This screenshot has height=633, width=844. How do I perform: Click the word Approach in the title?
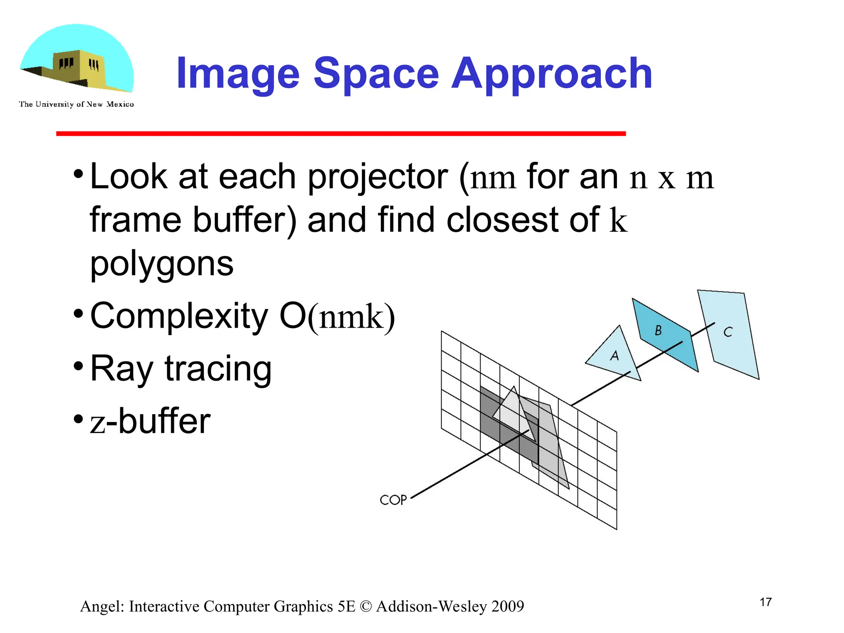tap(552, 74)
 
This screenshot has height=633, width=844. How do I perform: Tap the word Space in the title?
tap(376, 74)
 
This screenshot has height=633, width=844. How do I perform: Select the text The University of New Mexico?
tap(76, 104)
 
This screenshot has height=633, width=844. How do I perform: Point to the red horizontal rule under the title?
tap(341, 134)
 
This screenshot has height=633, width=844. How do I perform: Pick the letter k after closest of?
tap(618, 220)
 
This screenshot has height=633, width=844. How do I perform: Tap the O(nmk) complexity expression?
tap(337, 316)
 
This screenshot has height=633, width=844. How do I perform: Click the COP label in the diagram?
tap(393, 500)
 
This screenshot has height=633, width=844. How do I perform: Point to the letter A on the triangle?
tap(614, 355)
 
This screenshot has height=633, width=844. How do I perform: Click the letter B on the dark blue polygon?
tap(658, 330)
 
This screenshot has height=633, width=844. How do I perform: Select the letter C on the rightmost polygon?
tap(728, 332)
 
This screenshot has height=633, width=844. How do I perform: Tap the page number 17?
tap(765, 602)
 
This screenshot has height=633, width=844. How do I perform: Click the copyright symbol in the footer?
tap(365, 607)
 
